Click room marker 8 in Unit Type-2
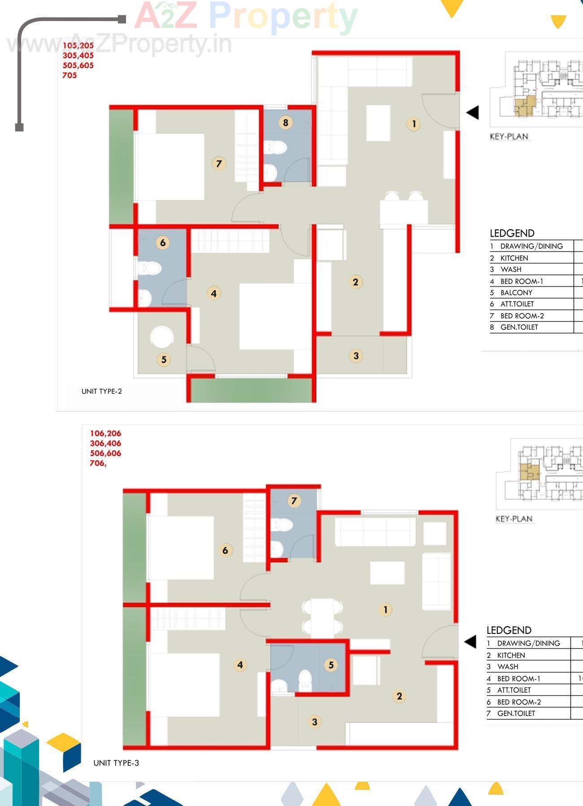(286, 122)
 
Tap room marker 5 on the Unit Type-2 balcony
(164, 359)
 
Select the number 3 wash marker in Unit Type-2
(356, 356)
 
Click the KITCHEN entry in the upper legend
(514, 258)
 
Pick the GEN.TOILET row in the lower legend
(516, 713)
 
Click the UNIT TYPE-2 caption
(102, 391)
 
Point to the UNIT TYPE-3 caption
(116, 763)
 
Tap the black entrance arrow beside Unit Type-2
(472, 112)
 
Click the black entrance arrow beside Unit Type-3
(470, 642)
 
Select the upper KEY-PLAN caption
(509, 137)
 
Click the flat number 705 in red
(70, 75)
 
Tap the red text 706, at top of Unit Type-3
(98, 463)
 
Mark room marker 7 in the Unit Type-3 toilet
(294, 500)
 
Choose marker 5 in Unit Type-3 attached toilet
(331, 665)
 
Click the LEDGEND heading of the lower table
(509, 630)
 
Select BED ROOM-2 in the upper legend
(522, 316)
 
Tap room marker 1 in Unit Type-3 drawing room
(385, 609)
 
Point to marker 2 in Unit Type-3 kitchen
(399, 696)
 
